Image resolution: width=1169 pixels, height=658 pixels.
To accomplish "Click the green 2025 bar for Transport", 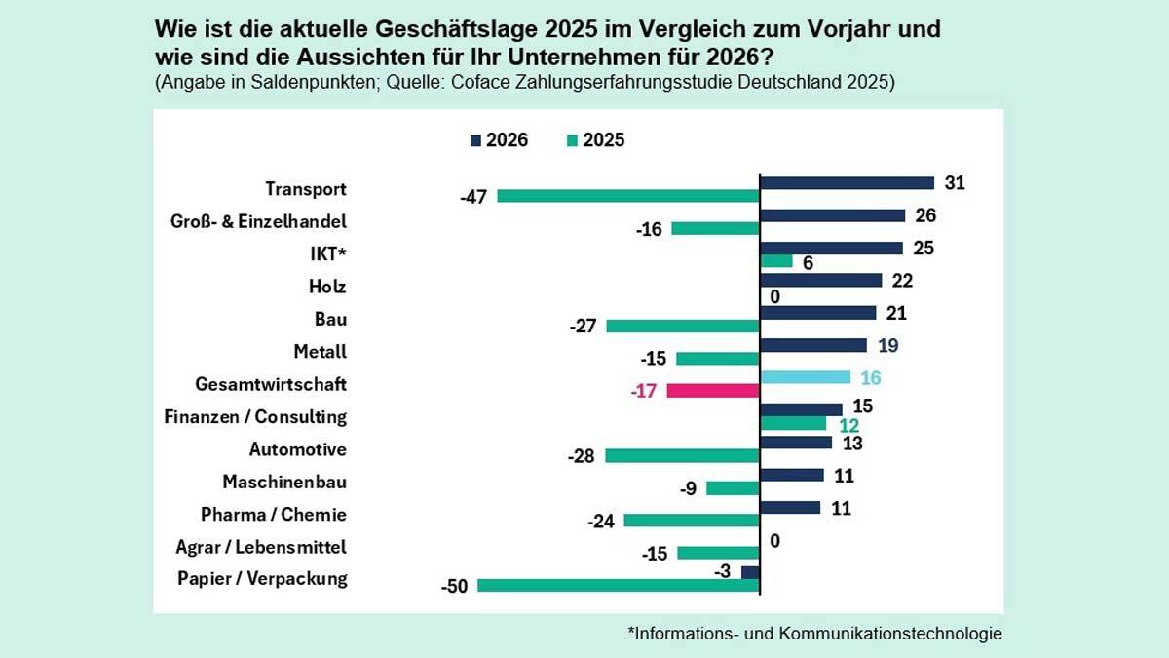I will pos(628,196).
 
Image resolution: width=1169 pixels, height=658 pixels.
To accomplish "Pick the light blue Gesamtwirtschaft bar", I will pos(806,377).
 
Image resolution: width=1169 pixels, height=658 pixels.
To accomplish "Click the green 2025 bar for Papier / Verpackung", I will pos(619,586).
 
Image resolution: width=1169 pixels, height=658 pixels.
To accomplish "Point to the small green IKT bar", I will pos(776,261).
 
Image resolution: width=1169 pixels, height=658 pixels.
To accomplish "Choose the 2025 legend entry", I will pos(594,140).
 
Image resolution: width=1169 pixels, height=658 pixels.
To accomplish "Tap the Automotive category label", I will pos(298,449).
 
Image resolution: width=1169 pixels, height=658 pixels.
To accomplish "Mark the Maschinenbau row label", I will pos(284,482).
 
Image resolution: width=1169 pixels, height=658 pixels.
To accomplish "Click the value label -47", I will pos(474,198).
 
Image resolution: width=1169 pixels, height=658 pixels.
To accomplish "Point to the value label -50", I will pos(456,587).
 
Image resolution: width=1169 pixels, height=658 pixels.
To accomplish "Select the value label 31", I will pos(955,182).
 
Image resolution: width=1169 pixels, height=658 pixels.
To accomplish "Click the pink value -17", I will pos(646,391).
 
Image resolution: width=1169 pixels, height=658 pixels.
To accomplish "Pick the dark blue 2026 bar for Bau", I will pos(817,313).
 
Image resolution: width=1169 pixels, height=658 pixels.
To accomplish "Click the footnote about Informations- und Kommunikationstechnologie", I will pos(814,634).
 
